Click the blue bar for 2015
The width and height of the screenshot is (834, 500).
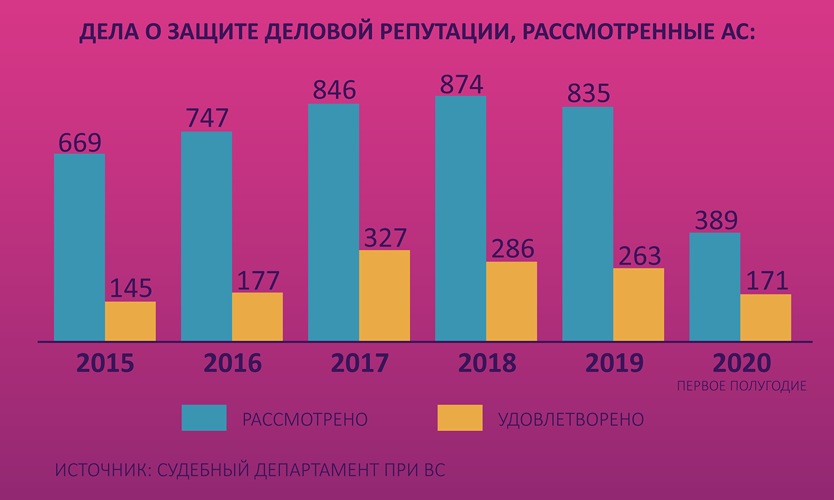80,247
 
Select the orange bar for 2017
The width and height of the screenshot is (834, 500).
384,295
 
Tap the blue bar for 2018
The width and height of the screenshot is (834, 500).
460,219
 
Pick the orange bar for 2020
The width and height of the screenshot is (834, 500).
766,318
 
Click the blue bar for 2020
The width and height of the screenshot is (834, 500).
714,287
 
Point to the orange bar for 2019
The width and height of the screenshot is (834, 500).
638,305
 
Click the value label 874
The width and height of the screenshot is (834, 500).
461,84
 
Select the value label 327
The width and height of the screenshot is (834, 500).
385,238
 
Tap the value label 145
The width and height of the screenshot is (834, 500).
131,288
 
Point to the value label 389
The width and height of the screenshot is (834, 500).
716,220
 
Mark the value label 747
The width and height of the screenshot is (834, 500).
207,118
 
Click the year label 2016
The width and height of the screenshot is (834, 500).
232,363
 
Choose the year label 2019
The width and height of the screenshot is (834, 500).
614,363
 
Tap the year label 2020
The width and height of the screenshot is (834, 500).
742,363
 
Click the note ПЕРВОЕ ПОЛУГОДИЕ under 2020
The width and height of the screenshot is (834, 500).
742,386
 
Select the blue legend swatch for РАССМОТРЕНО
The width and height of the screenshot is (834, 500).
204,418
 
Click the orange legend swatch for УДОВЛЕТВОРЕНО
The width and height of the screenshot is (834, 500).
460,418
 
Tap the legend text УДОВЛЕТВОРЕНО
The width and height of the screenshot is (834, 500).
571,419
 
